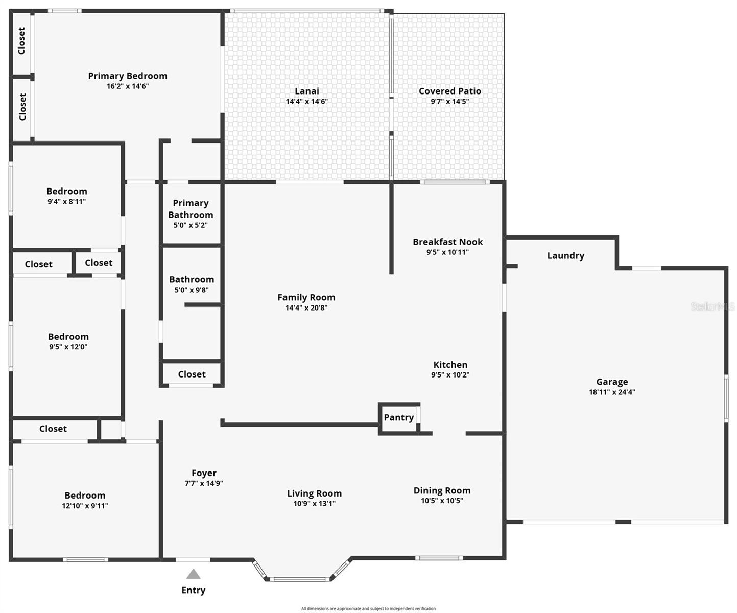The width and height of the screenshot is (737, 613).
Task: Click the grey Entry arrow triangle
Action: coord(193,574)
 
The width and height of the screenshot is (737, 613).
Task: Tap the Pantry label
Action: coord(398,417)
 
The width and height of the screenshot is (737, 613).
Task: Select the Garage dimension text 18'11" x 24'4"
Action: coord(612,392)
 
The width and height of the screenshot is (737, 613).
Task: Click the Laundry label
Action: coord(565,255)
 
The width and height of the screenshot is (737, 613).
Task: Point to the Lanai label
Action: coord(306,91)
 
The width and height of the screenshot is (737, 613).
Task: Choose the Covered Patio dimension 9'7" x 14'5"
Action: coord(449,101)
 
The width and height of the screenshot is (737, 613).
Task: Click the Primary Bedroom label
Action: coord(128,76)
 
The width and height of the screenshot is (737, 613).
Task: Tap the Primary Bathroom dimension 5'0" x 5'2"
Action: coord(191,225)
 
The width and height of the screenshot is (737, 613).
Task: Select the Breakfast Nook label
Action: coord(447,242)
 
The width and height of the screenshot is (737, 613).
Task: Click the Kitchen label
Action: coord(450,365)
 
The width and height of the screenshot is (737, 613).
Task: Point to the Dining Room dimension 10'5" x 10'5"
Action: coord(442,501)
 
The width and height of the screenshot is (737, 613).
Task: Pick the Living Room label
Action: coord(314,493)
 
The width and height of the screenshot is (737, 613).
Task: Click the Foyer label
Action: coord(204,473)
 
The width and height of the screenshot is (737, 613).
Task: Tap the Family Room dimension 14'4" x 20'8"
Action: coord(306,308)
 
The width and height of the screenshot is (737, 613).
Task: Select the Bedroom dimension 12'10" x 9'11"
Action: coord(85,506)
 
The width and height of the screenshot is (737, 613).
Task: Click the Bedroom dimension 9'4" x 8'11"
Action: coord(66,202)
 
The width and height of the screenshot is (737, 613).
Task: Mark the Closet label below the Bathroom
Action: coord(192,374)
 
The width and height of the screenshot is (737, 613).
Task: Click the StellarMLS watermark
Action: coord(712,306)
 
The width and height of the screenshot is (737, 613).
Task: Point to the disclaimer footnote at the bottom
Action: coord(368,608)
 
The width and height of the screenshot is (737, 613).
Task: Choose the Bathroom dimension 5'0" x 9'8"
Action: coord(192,290)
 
